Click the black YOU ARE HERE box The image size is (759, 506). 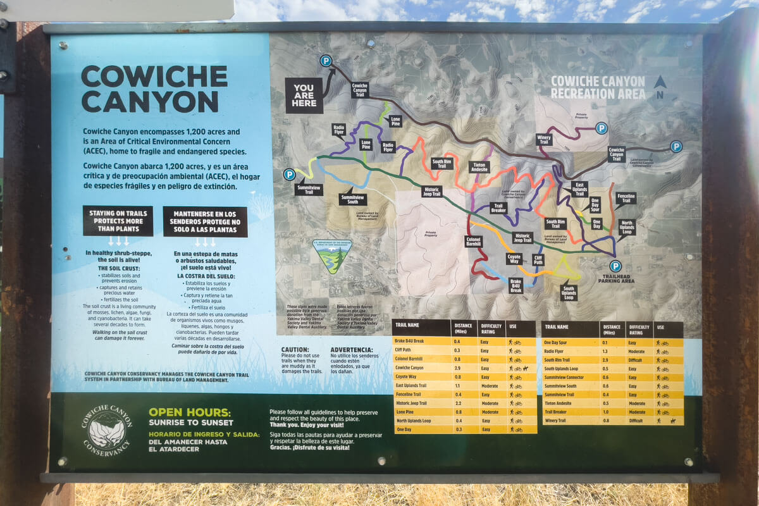(304, 96)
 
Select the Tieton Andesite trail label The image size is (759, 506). (480, 167)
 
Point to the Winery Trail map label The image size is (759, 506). (544, 139)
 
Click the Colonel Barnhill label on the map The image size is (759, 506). (474, 241)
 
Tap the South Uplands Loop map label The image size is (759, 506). (569, 293)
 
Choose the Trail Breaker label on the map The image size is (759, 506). (498, 207)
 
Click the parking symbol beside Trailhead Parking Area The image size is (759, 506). (615, 266)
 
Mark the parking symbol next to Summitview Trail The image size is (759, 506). (289, 175)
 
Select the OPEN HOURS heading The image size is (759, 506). (190, 412)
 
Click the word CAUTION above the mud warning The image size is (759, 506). (295, 350)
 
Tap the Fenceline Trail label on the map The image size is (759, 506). (626, 198)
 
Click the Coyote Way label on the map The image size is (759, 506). (514, 259)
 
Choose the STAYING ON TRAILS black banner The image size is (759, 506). (118, 221)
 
